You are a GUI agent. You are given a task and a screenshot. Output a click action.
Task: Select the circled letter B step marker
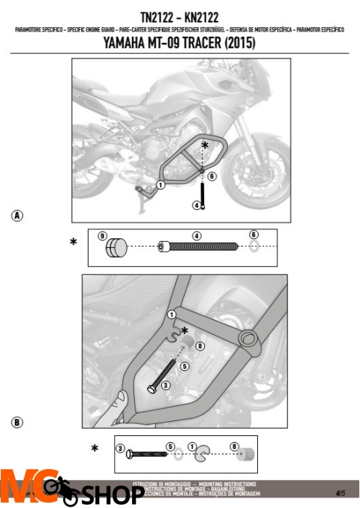point(16,423)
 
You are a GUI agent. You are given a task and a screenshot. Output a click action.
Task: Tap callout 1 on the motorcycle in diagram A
point(160,184)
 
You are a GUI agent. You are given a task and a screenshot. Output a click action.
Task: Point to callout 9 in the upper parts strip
point(103,235)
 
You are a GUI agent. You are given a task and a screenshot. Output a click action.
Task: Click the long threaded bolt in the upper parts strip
point(199,247)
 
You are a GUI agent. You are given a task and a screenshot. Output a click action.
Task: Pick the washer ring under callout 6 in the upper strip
point(253,247)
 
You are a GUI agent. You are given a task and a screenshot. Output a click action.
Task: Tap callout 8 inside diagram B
point(199,345)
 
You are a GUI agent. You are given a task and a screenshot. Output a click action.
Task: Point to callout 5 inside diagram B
point(183,367)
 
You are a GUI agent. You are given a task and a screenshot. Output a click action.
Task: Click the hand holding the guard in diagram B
point(115,405)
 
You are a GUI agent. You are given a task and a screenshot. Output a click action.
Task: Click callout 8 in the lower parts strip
point(234,446)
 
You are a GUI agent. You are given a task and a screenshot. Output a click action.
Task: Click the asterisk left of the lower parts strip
point(94,449)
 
